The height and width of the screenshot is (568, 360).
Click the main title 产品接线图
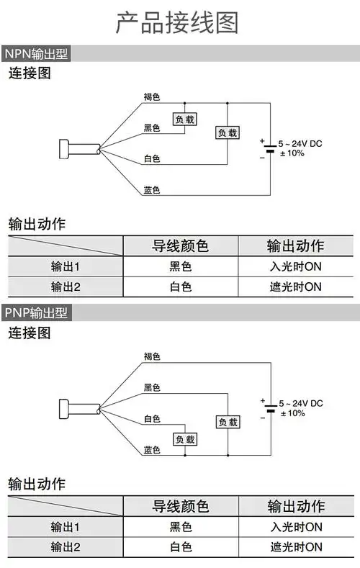[x=177, y=23]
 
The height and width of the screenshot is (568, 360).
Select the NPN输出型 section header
[x=36, y=55]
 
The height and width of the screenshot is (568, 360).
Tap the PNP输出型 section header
[x=36, y=313]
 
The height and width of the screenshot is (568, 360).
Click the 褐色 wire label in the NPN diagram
[x=151, y=96]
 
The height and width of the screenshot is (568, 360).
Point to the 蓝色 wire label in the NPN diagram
[x=151, y=190]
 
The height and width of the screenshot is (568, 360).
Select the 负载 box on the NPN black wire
[x=184, y=118]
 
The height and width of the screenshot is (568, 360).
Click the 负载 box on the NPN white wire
[x=228, y=132]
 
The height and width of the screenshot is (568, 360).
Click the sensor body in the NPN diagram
[x=67, y=149]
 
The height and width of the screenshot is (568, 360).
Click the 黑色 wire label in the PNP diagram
[x=151, y=388]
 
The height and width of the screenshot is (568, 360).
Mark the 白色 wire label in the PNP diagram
[x=151, y=418]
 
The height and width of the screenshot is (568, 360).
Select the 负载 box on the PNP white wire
[x=184, y=439]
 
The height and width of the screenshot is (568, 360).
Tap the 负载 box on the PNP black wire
[x=228, y=423]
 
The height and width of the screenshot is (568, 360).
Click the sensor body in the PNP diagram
[x=67, y=408]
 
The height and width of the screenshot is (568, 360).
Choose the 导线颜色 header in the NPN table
[x=180, y=246]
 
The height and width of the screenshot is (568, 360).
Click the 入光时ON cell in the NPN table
[x=294, y=267]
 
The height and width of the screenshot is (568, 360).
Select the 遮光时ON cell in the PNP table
[x=294, y=547]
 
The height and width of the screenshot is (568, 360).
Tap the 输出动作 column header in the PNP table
[x=295, y=506]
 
